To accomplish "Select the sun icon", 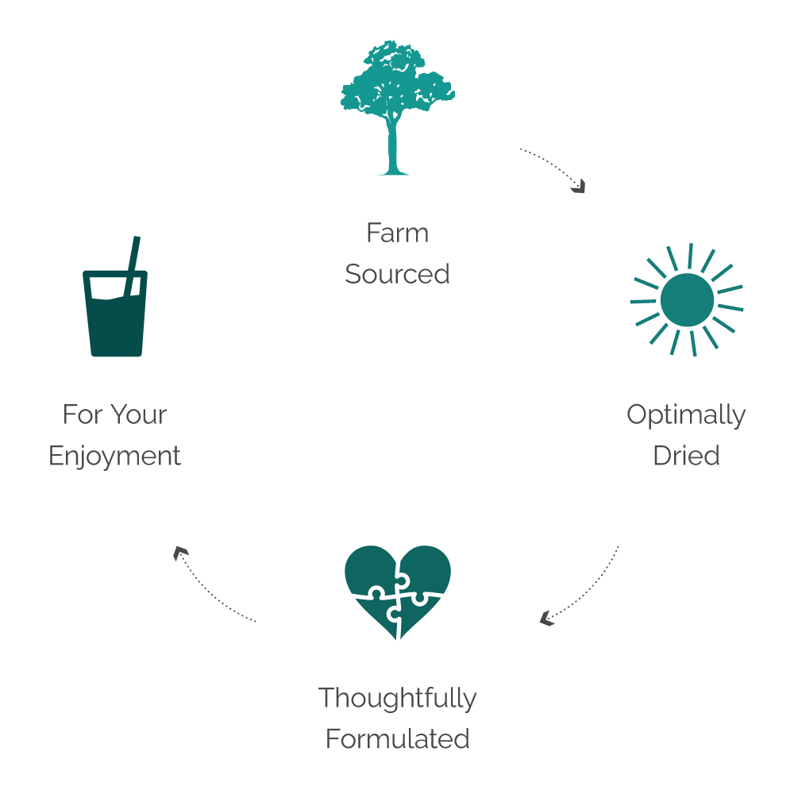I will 687,299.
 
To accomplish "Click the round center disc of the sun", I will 687,299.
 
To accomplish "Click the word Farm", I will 397,233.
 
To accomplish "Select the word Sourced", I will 397,274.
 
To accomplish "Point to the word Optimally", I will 686,414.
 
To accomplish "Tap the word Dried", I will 686,456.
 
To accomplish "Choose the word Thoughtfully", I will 397,698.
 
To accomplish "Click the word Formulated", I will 397,739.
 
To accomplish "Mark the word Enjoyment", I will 115,456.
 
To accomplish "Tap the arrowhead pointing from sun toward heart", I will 546,618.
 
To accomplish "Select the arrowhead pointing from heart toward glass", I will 181,553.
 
